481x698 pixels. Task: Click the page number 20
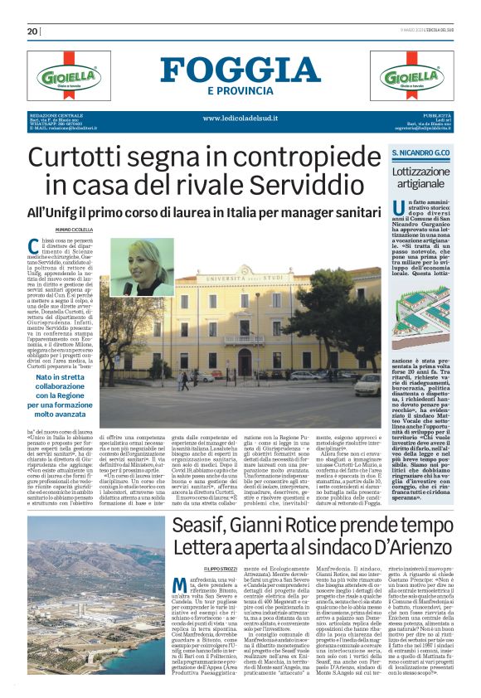[33, 32]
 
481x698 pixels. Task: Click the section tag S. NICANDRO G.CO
[421, 154]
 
